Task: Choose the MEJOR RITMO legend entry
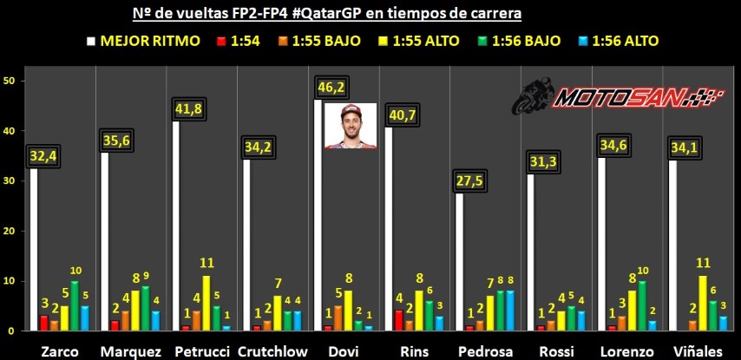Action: pos(144,41)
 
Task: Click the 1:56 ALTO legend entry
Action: pos(618,41)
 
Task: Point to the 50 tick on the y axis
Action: pos(8,81)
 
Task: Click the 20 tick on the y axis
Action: pos(8,231)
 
